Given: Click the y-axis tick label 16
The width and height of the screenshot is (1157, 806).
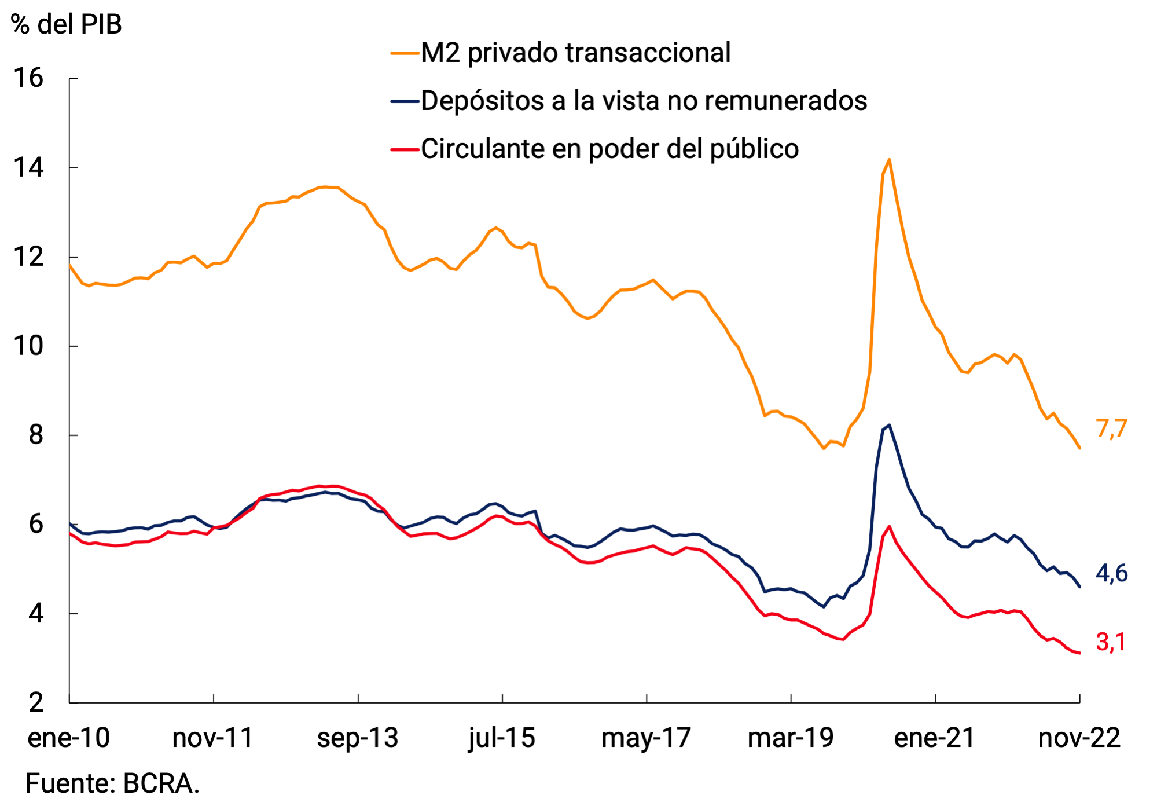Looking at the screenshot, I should click(28, 78).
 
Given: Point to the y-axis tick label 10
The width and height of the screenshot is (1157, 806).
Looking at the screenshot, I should click(28, 346).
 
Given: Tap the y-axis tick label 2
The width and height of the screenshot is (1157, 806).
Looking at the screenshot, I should click(36, 702).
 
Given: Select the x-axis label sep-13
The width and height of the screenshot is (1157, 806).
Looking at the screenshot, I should click(358, 738).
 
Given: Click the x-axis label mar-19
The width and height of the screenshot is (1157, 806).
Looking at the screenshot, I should click(790, 738).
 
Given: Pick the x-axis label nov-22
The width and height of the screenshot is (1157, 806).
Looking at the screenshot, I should click(1079, 738).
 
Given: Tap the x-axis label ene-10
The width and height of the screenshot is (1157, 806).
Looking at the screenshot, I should click(69, 738).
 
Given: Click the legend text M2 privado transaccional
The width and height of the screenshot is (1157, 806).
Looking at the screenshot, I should click(575, 53).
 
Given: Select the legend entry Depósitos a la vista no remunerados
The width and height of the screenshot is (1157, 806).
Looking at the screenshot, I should click(644, 101).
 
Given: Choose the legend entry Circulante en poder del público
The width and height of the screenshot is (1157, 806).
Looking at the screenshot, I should click(609, 149).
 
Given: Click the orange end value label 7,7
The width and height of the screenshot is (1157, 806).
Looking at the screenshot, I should click(1111, 429).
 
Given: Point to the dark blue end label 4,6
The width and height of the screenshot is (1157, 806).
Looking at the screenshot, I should click(1111, 573).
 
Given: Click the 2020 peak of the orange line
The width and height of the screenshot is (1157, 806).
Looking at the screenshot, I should click(889, 160).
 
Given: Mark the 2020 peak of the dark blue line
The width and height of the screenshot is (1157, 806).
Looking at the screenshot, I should click(889, 425).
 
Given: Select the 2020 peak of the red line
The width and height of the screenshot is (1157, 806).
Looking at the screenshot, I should click(889, 526).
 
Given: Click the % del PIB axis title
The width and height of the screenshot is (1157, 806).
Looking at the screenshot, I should click(67, 24).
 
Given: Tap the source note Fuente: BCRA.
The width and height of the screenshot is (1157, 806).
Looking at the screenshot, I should click(112, 784).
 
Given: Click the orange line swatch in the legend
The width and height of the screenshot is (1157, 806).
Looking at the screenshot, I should click(405, 53).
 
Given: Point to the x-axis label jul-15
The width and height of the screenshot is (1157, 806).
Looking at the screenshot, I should click(502, 738).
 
